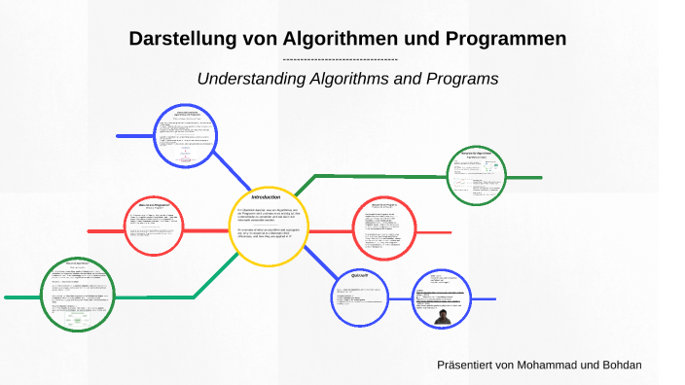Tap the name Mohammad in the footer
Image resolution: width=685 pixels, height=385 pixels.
[568, 365]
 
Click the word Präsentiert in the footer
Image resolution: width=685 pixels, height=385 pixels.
[472, 365]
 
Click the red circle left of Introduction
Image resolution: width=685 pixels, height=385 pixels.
[156, 227]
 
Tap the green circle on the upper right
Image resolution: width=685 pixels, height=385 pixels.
[477, 175]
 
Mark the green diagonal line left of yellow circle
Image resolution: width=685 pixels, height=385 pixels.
[216, 272]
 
